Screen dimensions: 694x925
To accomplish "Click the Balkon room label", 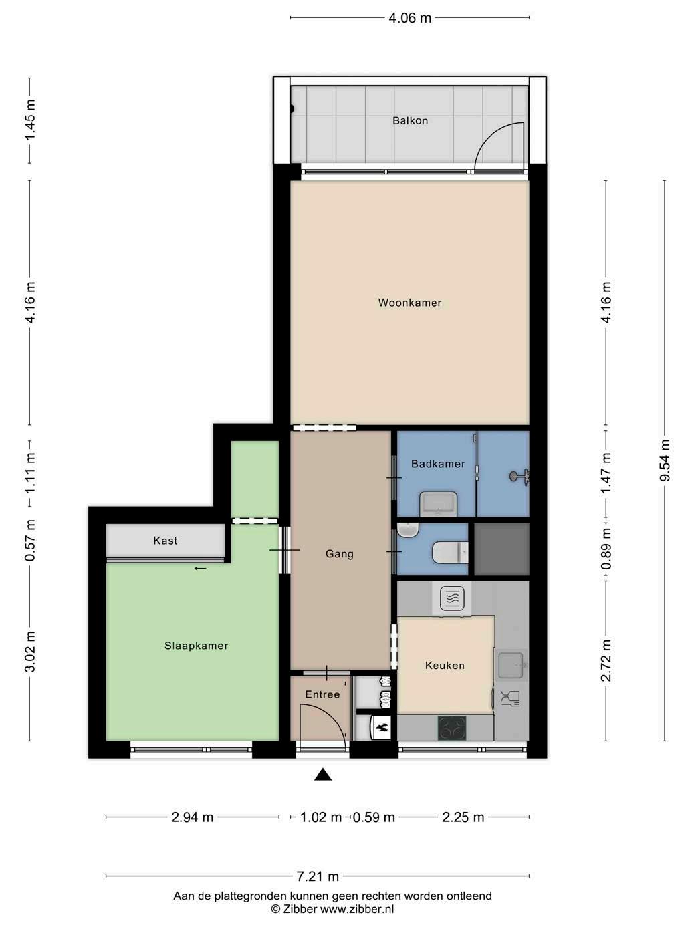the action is [x=410, y=120].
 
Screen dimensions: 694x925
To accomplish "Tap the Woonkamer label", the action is [x=410, y=303].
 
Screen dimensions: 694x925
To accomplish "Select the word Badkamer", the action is [x=438, y=464].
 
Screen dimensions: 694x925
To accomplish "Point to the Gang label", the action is [x=339, y=554].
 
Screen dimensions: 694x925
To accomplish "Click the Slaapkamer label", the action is [x=197, y=646].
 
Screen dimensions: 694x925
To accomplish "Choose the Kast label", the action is [x=165, y=541].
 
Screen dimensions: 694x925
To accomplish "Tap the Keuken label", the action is [x=445, y=666].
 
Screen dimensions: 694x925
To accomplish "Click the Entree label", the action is [x=322, y=694].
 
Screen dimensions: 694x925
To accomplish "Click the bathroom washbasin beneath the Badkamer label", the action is [x=439, y=503].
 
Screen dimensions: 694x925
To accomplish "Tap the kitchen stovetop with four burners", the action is [x=452, y=728].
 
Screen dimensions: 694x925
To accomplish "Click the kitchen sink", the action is [x=511, y=666].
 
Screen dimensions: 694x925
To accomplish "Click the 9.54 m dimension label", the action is [x=665, y=460].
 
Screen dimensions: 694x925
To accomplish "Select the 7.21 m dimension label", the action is [x=318, y=876].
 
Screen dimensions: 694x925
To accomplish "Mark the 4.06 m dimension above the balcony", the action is [x=410, y=18].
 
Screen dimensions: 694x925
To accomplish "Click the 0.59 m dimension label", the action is [x=374, y=817].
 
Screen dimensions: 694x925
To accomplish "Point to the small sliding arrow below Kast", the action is [x=200, y=569].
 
